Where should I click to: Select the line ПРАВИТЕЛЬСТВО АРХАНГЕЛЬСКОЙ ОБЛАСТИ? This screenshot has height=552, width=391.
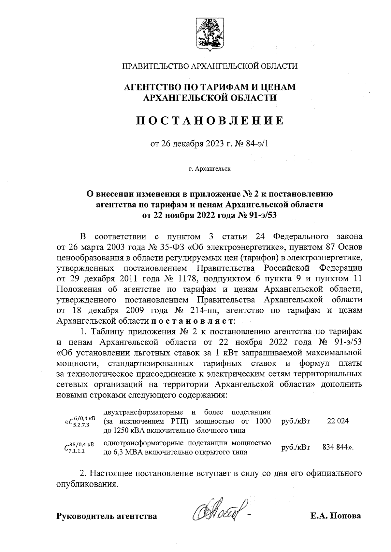(210, 66)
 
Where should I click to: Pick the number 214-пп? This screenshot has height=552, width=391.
(203, 310)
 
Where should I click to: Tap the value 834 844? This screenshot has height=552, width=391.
(337, 447)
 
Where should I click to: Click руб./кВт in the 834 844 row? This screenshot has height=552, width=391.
(295, 447)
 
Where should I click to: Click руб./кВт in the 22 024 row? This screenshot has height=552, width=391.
(295, 421)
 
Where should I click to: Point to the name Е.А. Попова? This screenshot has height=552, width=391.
(336, 516)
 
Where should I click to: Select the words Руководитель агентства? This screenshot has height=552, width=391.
(107, 516)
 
